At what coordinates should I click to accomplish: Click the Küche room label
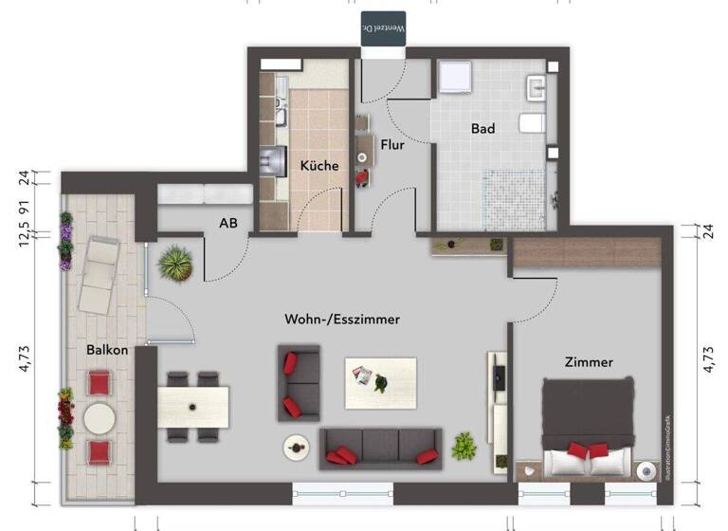pyautogui.click(x=319, y=165)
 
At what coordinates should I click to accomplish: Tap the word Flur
pyautogui.click(x=392, y=145)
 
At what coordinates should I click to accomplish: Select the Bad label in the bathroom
pyautogui.click(x=482, y=128)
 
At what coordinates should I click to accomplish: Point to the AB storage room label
pyautogui.click(x=227, y=224)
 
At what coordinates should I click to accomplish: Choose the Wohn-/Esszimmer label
pyautogui.click(x=342, y=320)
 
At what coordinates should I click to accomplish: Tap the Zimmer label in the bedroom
pyautogui.click(x=589, y=361)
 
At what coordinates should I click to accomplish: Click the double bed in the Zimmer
pyautogui.click(x=587, y=428)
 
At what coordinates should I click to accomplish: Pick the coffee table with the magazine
pyautogui.click(x=380, y=382)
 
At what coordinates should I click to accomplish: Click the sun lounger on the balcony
pyautogui.click(x=98, y=275)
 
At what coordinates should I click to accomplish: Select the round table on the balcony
pyautogui.click(x=100, y=417)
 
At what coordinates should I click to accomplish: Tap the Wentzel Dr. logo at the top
pyautogui.click(x=384, y=27)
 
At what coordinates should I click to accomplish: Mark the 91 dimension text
pyautogui.click(x=23, y=207)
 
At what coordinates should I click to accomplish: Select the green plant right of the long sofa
pyautogui.click(x=464, y=445)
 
